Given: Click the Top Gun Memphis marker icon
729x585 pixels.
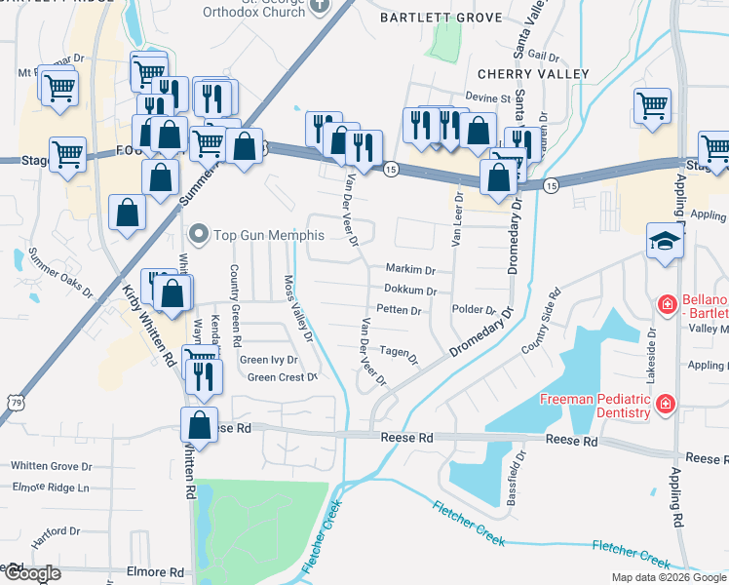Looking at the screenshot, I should (200, 234).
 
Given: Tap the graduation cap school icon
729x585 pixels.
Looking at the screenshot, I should (664, 241).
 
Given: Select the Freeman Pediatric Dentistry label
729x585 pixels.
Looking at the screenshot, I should (595, 407).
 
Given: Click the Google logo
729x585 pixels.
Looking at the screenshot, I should (31, 573).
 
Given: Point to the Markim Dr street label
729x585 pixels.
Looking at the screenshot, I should (409, 269).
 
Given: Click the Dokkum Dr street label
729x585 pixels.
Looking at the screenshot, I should (409, 291).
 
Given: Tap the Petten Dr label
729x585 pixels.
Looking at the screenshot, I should (398, 311).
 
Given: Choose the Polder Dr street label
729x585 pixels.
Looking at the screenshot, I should (476, 309).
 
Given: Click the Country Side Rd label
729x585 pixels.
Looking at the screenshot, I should (542, 321).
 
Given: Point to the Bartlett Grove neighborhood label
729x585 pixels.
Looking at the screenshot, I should (441, 18).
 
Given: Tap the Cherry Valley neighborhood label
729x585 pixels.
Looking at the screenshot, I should (532, 74).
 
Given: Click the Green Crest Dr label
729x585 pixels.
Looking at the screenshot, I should (283, 377).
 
